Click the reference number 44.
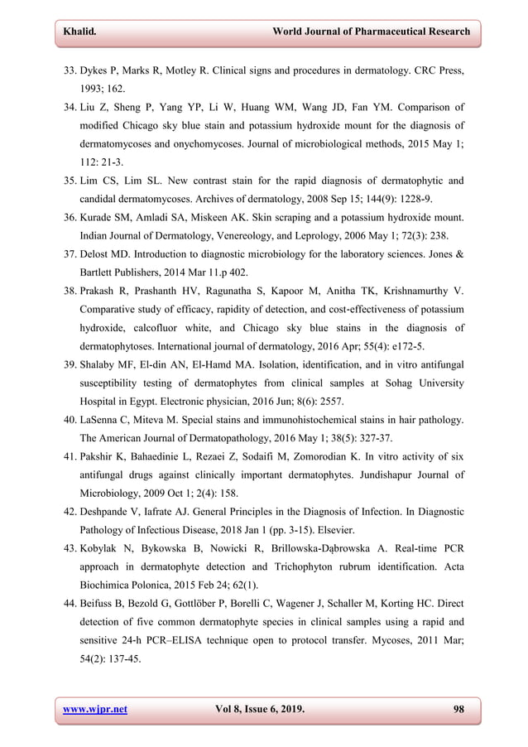pos(72,604)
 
